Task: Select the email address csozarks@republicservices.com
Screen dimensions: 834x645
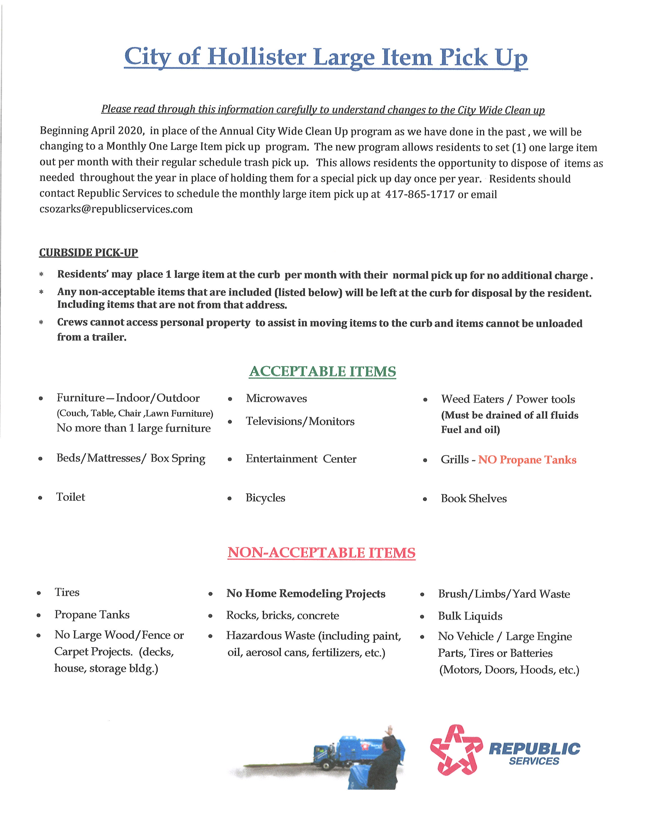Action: (116, 209)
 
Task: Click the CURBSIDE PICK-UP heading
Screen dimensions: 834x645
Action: (89, 252)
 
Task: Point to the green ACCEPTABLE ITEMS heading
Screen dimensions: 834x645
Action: (322, 372)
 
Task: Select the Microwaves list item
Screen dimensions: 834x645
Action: (276, 399)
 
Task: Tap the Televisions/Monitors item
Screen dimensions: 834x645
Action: (300, 421)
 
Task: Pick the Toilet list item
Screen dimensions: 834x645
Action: (71, 497)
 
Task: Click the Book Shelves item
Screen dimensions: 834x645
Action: (474, 499)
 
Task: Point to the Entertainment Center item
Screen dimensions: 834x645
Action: (301, 459)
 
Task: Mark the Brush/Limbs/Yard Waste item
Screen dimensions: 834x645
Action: (504, 594)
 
